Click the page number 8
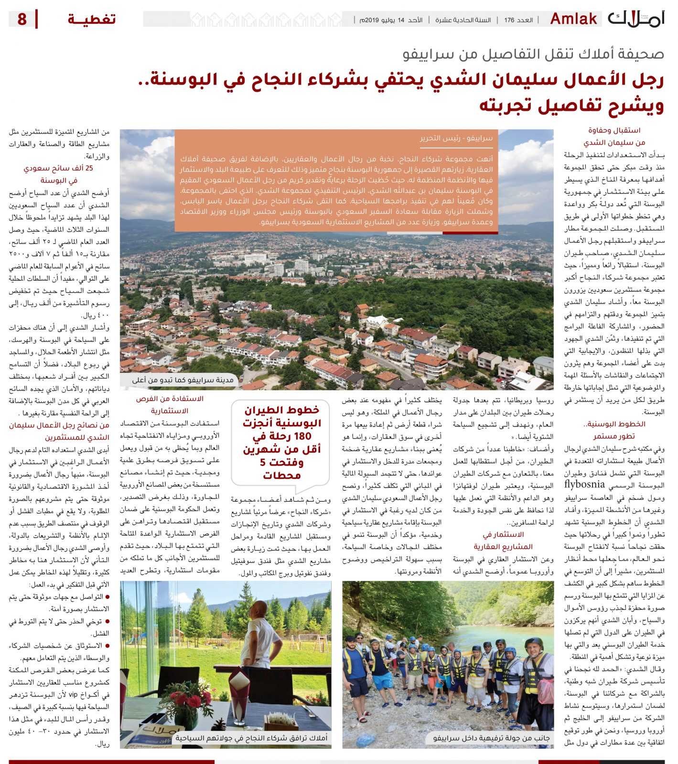pyautogui.click(x=22, y=20)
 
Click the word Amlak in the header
pyautogui.click(x=573, y=19)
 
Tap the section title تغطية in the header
pyautogui.click(x=91, y=20)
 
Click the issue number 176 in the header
pyautogui.click(x=509, y=20)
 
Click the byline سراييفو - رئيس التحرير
pyautogui.click(x=456, y=138)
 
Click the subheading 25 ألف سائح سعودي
pyautogui.click(x=58, y=168)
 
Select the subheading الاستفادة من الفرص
pyautogui.click(x=169, y=398)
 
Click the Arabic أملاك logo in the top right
pyautogui.click(x=636, y=19)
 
